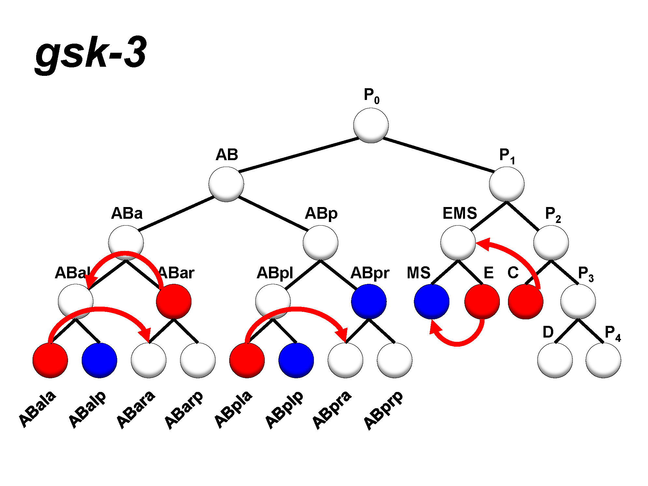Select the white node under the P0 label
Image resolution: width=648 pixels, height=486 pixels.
(371, 126)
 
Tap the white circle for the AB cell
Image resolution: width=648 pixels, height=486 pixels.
(226, 184)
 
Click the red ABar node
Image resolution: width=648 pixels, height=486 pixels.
(174, 301)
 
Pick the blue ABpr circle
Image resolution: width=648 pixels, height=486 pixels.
(369, 301)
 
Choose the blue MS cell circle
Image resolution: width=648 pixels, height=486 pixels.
(431, 301)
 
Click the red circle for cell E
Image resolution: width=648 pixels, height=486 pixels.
(482, 301)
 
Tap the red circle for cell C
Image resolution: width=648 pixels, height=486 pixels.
(526, 301)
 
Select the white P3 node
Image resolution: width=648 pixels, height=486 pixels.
(578, 301)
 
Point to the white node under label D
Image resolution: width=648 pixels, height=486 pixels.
(555, 360)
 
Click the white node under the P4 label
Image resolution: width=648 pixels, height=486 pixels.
(603, 360)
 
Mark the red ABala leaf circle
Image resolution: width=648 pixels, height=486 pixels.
(50, 360)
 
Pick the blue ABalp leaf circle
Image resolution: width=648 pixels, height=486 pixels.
(99, 360)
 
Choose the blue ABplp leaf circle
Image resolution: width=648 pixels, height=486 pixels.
(296, 360)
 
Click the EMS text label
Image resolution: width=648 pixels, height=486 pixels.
(459, 214)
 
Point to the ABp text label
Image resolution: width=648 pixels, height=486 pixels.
(321, 214)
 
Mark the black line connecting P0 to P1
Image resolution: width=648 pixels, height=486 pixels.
(438, 155)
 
